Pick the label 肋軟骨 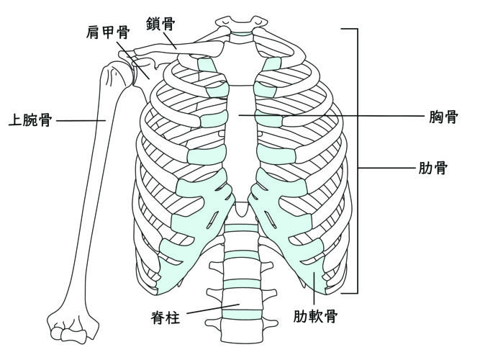click(314, 315)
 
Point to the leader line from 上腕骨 click(81, 120)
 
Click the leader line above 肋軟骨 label click(314, 288)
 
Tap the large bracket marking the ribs click(356, 162)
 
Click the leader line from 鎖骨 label click(169, 39)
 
